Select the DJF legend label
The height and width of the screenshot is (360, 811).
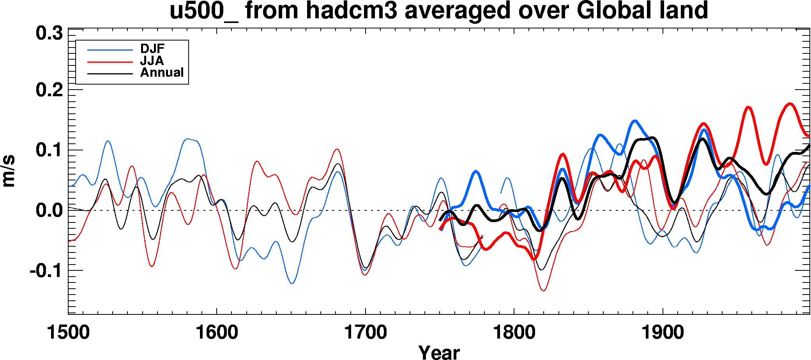[x=152, y=49]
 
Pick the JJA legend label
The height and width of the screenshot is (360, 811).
[x=152, y=61]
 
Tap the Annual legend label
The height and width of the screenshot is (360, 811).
[x=162, y=72]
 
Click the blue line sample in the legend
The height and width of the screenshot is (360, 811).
[x=110, y=50]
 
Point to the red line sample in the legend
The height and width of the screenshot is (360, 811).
[x=110, y=62]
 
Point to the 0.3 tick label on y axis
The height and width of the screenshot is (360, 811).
[x=49, y=34]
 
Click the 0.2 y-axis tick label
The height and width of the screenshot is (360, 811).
[x=49, y=90]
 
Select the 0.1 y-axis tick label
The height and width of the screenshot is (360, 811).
[x=49, y=150]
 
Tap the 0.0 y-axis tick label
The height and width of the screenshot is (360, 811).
[x=49, y=211]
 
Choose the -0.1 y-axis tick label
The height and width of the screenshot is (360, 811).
[x=46, y=270]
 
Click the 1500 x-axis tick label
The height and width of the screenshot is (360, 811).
[x=68, y=332]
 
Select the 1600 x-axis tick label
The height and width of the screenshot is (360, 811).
[x=217, y=332]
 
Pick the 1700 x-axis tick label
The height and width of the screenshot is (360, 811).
[x=366, y=332]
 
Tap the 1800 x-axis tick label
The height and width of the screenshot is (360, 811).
[x=514, y=332]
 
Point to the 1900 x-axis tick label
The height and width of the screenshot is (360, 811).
[x=663, y=332]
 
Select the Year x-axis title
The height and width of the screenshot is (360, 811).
[x=439, y=352]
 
